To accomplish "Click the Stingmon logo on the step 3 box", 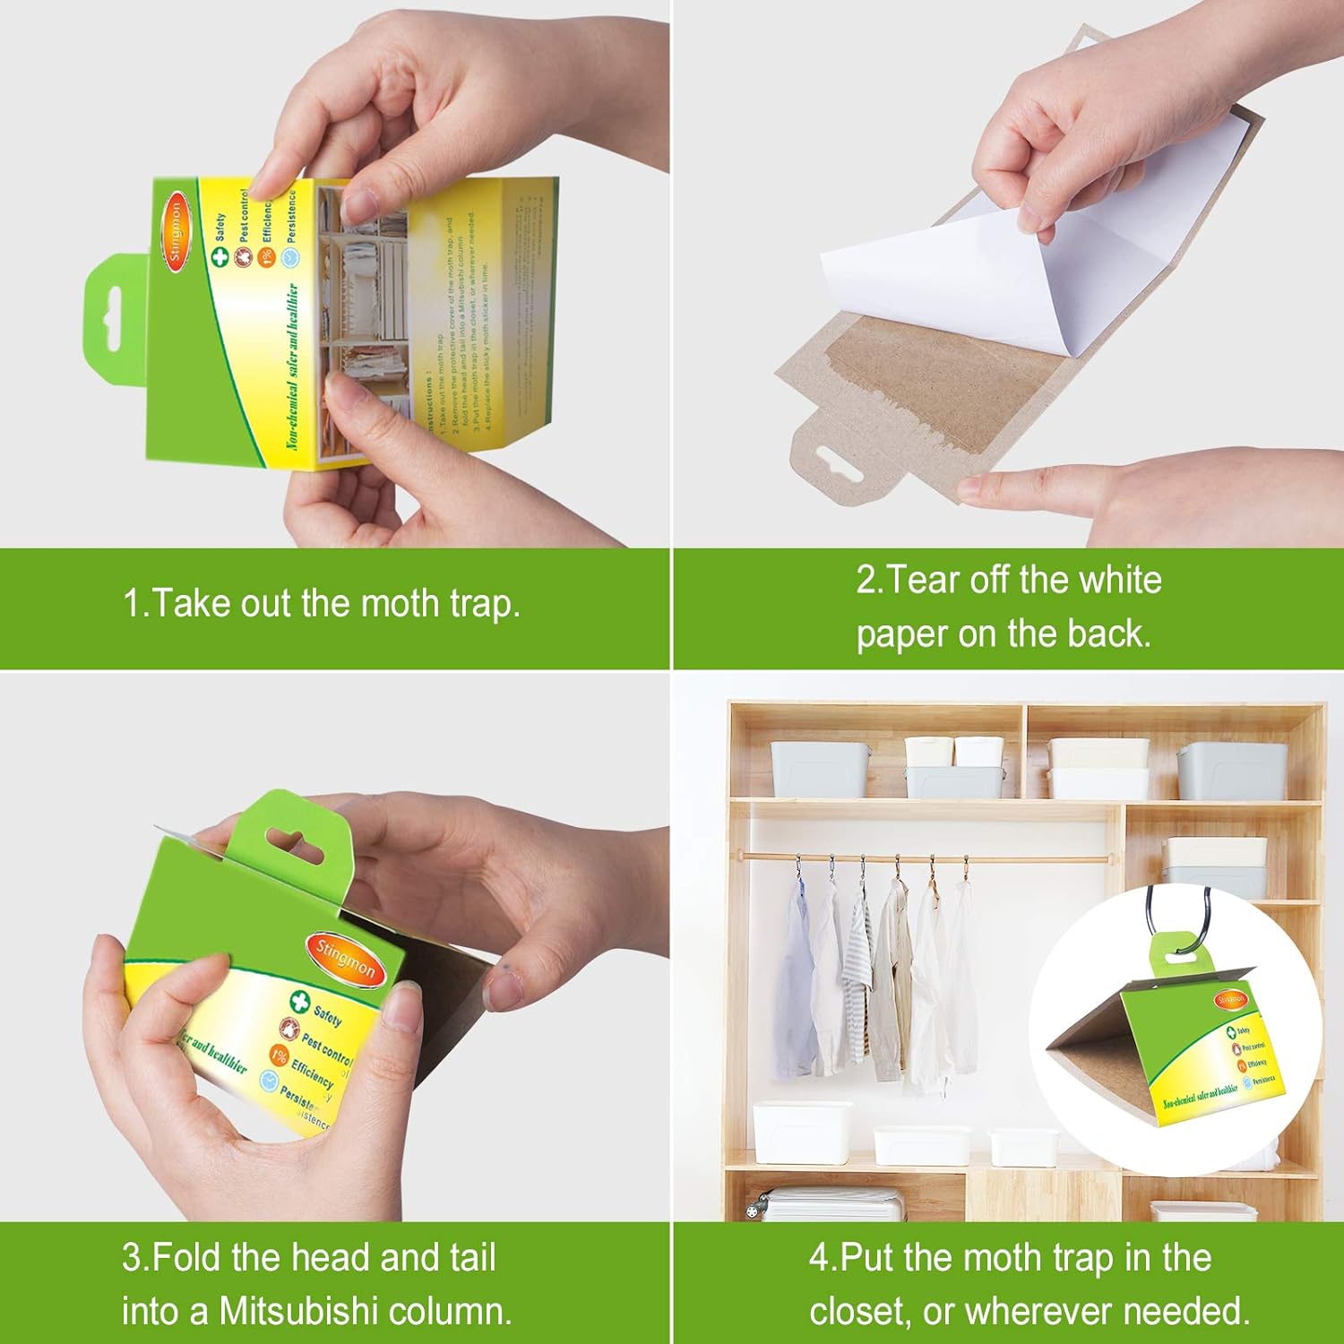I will pos(346,961).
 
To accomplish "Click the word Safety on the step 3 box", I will pos(327,1016).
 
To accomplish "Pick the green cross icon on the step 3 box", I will pos(298,1002).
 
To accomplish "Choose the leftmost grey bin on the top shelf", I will pos(816,769).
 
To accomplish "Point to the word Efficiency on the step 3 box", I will pos(312,1070).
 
